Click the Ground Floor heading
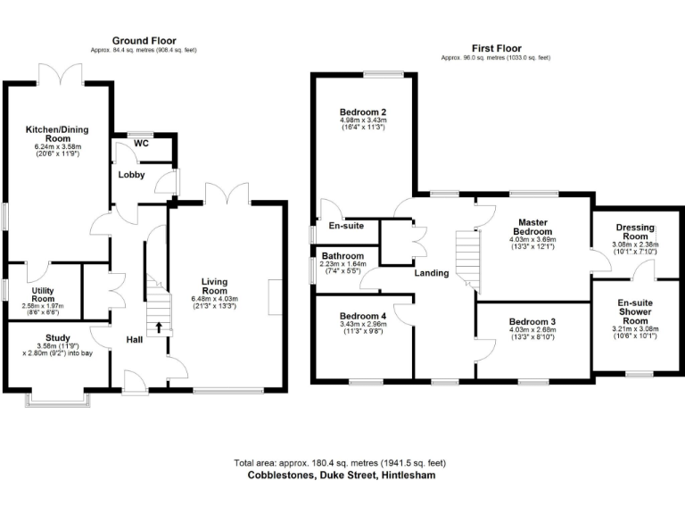[x=144, y=40]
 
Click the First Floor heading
[x=497, y=48]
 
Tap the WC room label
[x=141, y=144]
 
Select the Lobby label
[x=132, y=174]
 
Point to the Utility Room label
[x=44, y=295]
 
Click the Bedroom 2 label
[x=363, y=112]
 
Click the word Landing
[x=431, y=273]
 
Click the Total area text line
[x=339, y=463]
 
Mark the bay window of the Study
[x=59, y=400]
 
